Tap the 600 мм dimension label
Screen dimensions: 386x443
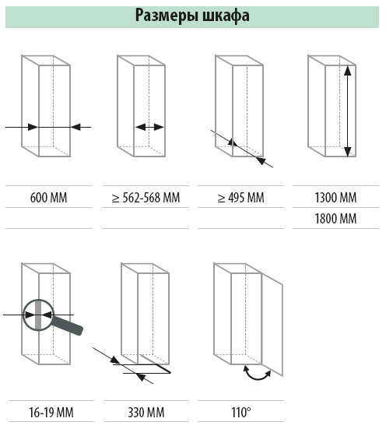(x=48, y=198)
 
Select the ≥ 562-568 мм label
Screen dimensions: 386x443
(x=146, y=198)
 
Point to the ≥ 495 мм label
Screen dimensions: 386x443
(x=241, y=198)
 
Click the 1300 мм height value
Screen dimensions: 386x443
(x=335, y=198)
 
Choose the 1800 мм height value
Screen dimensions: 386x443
(x=335, y=219)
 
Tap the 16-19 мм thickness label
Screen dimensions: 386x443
(x=51, y=413)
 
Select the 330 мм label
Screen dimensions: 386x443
(x=146, y=413)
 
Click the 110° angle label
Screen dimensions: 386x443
(x=241, y=413)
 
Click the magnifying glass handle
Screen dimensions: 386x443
(x=67, y=325)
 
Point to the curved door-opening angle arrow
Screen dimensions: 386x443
(x=257, y=377)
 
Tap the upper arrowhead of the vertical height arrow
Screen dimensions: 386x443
(x=348, y=70)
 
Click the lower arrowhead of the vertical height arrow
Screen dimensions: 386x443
(x=348, y=152)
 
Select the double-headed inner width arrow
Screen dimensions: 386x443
(x=149, y=127)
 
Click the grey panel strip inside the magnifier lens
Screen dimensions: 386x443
(x=38, y=315)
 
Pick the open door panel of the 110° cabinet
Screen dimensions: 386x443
(x=272, y=325)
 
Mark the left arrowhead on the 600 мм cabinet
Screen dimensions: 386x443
(x=33, y=127)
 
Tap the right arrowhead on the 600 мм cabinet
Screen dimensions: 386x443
(x=75, y=127)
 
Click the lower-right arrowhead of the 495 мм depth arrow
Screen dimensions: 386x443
(x=261, y=160)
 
